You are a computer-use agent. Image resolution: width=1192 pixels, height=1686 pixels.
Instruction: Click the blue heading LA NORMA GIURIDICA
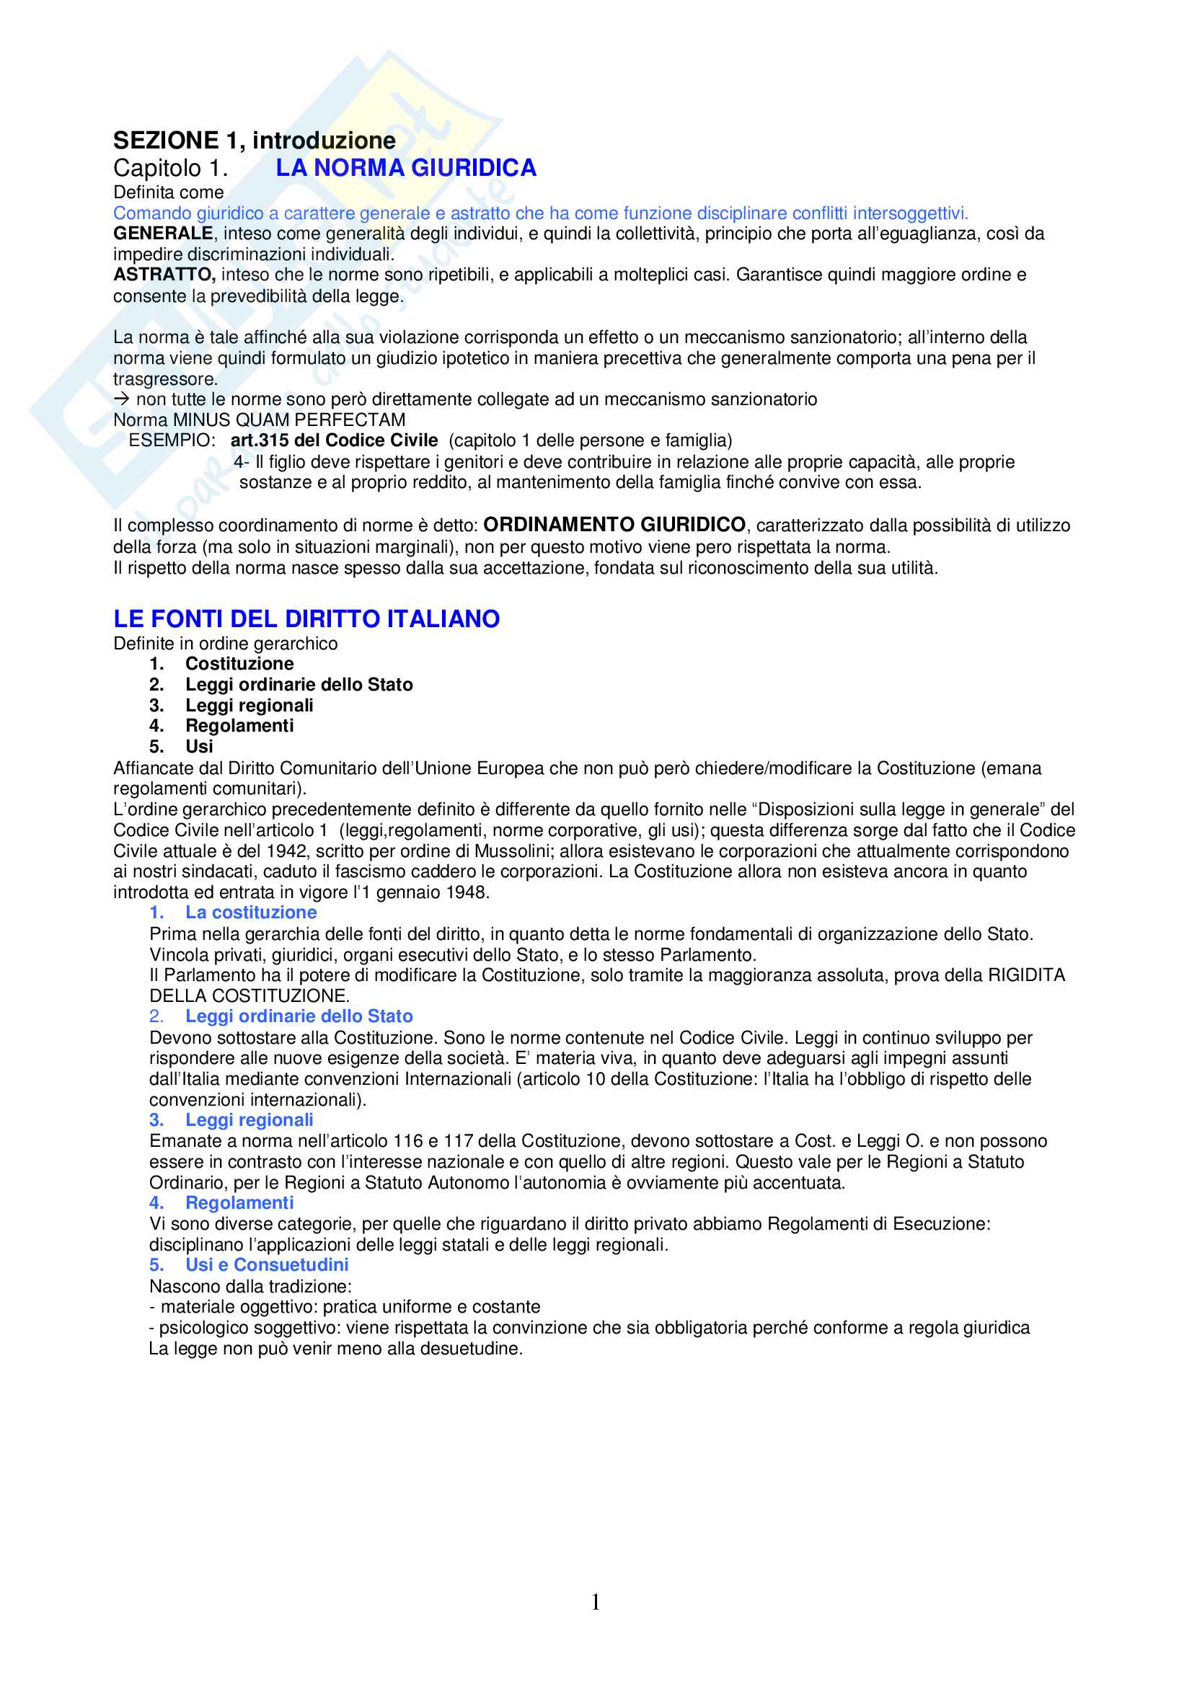405,168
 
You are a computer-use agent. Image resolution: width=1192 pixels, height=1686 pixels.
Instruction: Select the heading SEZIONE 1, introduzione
254,141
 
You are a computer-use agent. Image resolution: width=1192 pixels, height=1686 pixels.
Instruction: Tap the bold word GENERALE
162,234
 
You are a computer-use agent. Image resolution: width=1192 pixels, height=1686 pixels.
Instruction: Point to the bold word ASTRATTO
163,275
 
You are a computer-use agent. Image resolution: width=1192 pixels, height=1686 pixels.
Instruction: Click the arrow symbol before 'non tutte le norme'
122,399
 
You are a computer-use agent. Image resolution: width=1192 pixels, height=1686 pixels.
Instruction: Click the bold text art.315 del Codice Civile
333,440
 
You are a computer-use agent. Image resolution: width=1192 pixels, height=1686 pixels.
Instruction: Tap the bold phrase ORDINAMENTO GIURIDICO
614,525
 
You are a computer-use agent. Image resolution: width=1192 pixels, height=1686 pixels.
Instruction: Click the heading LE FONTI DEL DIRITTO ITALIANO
306,619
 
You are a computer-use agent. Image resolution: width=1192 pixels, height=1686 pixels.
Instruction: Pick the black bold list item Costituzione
239,664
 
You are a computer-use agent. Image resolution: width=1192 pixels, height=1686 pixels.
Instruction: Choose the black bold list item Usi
199,747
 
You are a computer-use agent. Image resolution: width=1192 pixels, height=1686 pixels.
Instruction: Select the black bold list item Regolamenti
239,727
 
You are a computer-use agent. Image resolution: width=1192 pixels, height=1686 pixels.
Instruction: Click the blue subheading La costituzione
250,913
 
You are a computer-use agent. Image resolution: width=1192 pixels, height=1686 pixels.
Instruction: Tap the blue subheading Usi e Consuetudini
267,1264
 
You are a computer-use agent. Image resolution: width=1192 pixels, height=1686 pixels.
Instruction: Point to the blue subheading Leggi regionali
249,1120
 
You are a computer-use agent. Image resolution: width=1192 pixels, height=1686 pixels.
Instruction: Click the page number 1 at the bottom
596,1602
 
